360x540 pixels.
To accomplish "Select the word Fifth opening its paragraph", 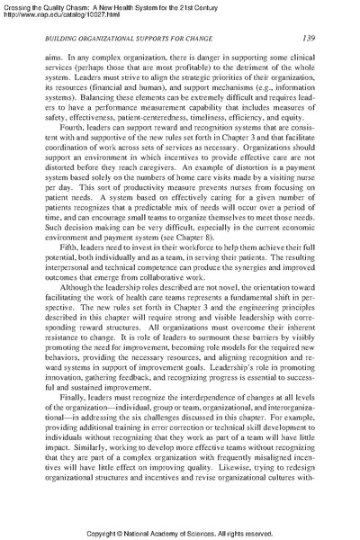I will (68, 271).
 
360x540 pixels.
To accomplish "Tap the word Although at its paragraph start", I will (77, 319).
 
